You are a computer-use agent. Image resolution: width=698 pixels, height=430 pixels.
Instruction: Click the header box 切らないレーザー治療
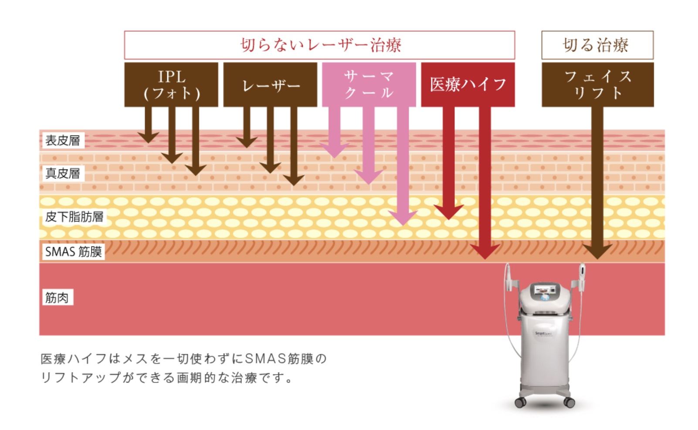pos(319,45)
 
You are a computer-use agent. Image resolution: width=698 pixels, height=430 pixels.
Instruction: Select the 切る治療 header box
pos(597,45)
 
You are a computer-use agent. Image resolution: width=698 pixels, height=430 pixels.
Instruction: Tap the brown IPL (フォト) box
pos(171,85)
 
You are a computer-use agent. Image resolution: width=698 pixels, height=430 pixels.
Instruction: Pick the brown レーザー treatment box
pos(270,85)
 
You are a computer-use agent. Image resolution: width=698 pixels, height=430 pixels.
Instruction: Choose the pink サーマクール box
pos(369,85)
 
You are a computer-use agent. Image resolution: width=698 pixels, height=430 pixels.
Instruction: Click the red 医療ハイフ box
pos(468,85)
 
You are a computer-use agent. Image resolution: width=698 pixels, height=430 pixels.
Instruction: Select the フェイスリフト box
pos(598,85)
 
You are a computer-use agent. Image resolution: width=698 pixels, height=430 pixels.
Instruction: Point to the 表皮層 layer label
pos(63,141)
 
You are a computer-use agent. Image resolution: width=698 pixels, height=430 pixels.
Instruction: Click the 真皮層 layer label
pos(63,173)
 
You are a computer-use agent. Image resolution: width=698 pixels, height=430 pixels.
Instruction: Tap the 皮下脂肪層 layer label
pos(74,216)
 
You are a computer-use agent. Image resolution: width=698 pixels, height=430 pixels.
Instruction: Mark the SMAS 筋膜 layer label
pos(74,252)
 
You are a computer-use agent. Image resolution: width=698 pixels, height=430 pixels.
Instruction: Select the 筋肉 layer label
pos(58,297)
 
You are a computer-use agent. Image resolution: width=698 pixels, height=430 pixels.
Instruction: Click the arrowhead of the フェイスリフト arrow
pos(597,252)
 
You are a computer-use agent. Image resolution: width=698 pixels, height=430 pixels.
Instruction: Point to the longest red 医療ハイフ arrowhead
pos(485,252)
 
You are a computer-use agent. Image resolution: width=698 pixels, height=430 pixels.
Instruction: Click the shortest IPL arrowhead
pos(148,138)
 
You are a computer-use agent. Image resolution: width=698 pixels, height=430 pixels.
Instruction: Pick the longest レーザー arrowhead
pos(294,180)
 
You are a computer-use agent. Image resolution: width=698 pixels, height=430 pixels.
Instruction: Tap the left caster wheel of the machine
pos(520,402)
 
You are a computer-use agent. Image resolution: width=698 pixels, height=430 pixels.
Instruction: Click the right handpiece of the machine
pos(582,277)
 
